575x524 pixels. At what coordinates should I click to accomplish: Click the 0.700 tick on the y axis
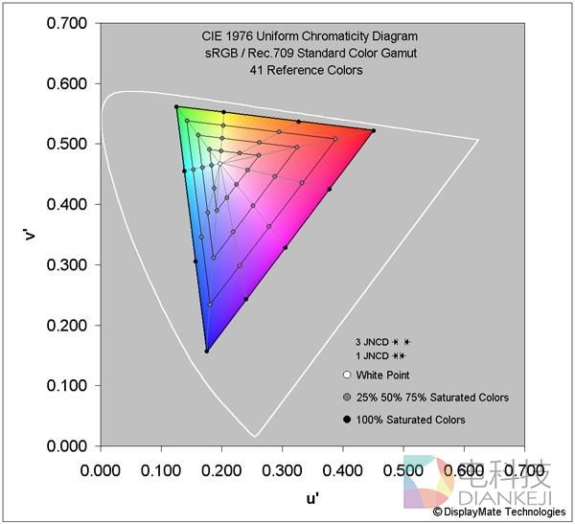[x=65, y=23]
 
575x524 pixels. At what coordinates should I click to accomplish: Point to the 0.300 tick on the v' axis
[x=65, y=265]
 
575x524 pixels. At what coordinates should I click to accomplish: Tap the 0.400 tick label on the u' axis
[x=342, y=471]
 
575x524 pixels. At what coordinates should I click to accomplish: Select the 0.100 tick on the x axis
[x=160, y=471]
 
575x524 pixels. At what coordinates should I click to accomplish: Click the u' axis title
[x=312, y=499]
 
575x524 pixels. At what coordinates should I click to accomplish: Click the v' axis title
[x=32, y=234]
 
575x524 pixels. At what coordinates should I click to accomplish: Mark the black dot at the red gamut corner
[x=373, y=130]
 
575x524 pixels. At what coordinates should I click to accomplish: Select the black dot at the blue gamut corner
[x=206, y=351]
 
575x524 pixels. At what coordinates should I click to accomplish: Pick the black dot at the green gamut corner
[x=176, y=107]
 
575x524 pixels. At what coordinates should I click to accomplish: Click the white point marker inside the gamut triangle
[x=219, y=164]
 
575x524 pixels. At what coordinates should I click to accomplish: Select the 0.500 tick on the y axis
[x=65, y=144]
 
